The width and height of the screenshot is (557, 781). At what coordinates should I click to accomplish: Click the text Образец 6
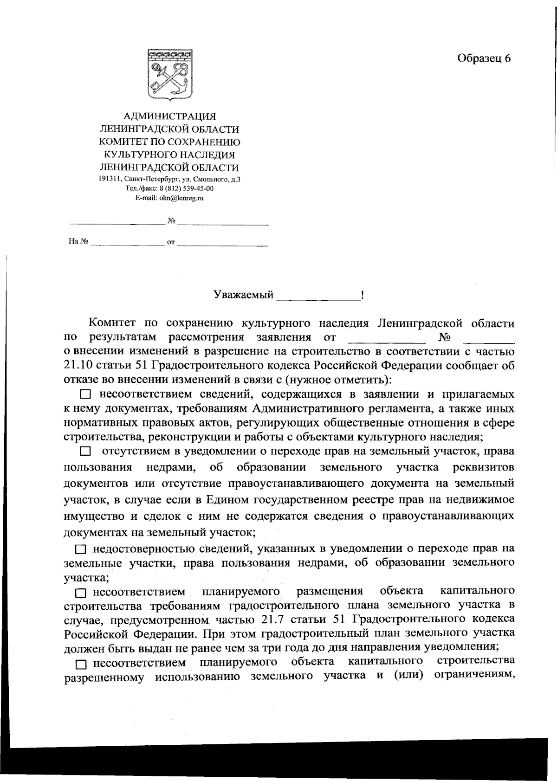point(484,58)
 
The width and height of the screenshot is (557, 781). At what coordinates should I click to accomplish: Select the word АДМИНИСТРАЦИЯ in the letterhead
point(169,116)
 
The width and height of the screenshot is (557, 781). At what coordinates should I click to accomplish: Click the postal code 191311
point(110,179)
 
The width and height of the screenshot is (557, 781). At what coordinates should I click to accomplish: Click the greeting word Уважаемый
point(243,295)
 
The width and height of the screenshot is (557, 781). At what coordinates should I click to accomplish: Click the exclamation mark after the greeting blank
point(362,295)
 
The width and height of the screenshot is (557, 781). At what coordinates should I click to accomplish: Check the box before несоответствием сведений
point(85,395)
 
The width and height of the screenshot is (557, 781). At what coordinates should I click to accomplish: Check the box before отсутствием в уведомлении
point(85,452)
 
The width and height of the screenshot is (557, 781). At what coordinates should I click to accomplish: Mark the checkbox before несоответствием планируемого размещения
point(81,593)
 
